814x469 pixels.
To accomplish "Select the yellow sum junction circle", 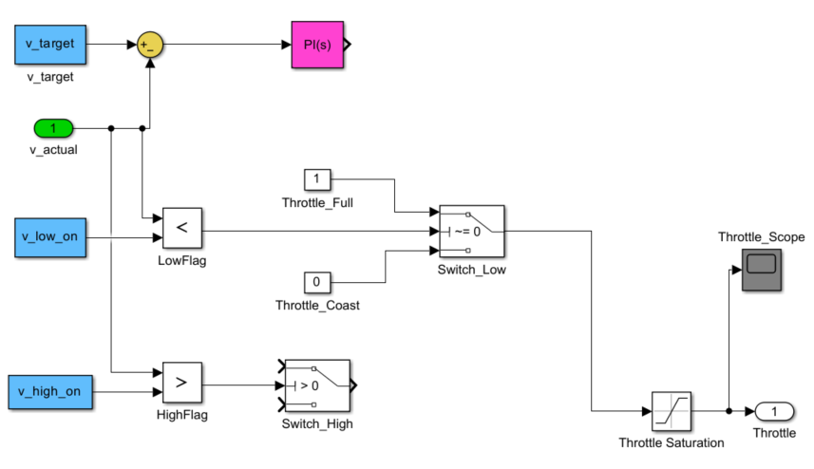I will tap(148, 45).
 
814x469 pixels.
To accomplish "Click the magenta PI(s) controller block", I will tap(318, 45).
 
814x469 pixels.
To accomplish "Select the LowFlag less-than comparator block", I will tap(181, 229).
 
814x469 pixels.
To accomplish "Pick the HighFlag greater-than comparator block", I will tap(181, 385).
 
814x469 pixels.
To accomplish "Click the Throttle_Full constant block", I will tap(316, 178).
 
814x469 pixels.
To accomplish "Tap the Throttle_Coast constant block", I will tap(316, 282).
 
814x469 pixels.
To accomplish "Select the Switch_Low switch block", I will tap(471, 230).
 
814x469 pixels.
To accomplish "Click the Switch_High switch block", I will tap(317, 385).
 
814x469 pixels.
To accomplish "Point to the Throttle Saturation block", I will tap(671, 411).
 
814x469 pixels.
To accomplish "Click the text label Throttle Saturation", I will tap(671, 442).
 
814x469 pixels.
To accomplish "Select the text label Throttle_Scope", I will tap(761, 236).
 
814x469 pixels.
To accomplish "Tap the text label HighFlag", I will tap(181, 415).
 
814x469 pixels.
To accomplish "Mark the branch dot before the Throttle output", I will tap(728, 411).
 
